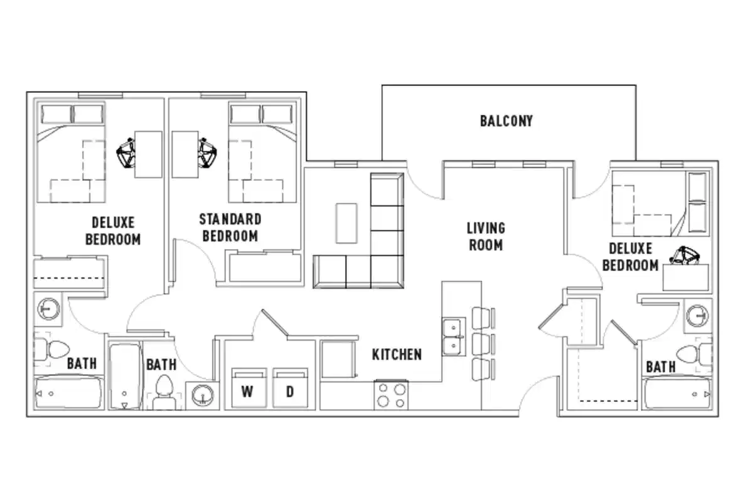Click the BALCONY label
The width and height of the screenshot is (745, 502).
coord(506,120)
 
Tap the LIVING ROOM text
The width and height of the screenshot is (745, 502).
coord(485,236)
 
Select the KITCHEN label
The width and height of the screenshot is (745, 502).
coord(397,355)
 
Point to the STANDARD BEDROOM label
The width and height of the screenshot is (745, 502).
coord(230,228)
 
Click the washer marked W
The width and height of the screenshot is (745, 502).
coord(247,388)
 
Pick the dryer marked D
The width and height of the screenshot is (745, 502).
coord(290,388)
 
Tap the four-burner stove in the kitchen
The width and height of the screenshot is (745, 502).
coord(390,395)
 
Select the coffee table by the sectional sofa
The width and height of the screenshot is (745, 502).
coord(346,222)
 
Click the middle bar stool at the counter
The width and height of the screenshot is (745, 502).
coord(482,343)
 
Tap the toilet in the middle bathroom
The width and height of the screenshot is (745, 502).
coord(164,390)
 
